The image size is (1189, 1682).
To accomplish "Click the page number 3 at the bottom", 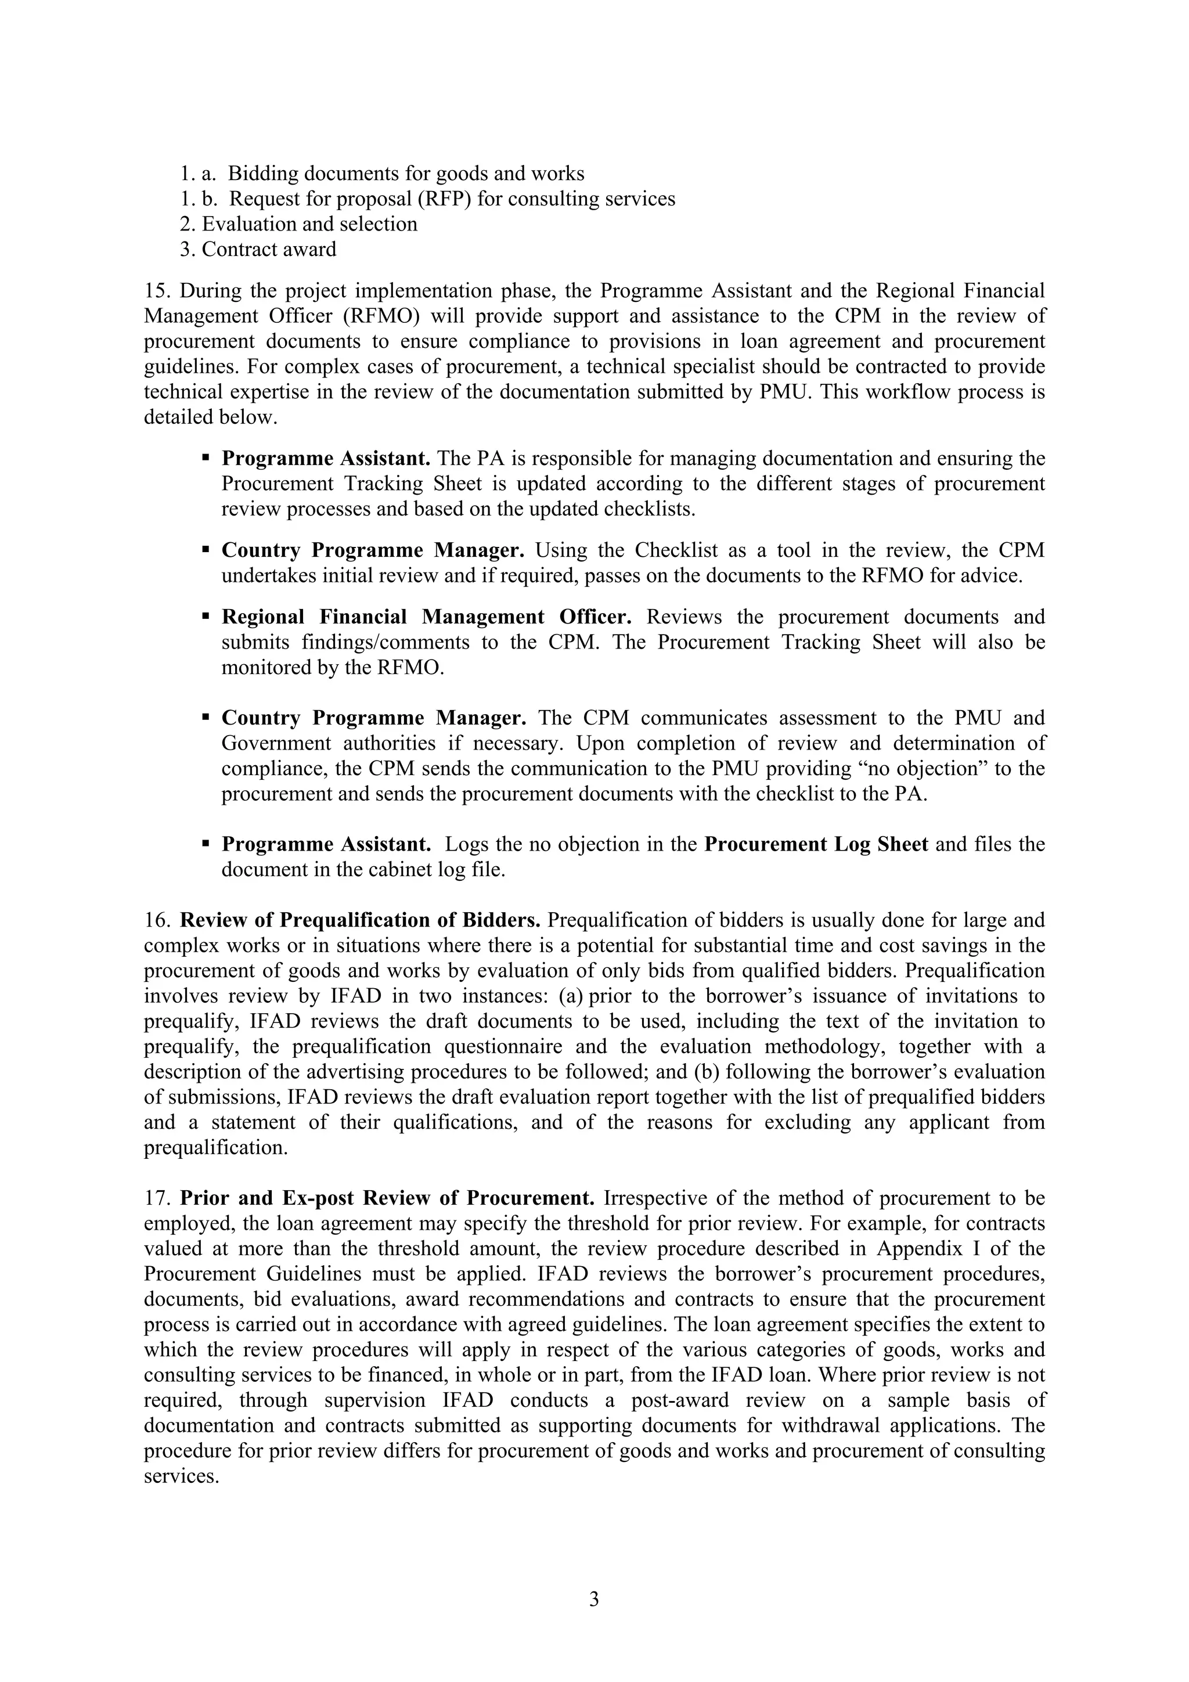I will tap(593, 1598).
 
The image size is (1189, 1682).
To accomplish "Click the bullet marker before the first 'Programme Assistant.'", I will tap(206, 458).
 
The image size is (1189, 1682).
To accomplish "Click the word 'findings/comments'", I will tap(385, 643).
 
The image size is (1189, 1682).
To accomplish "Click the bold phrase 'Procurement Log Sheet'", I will tap(816, 844).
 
